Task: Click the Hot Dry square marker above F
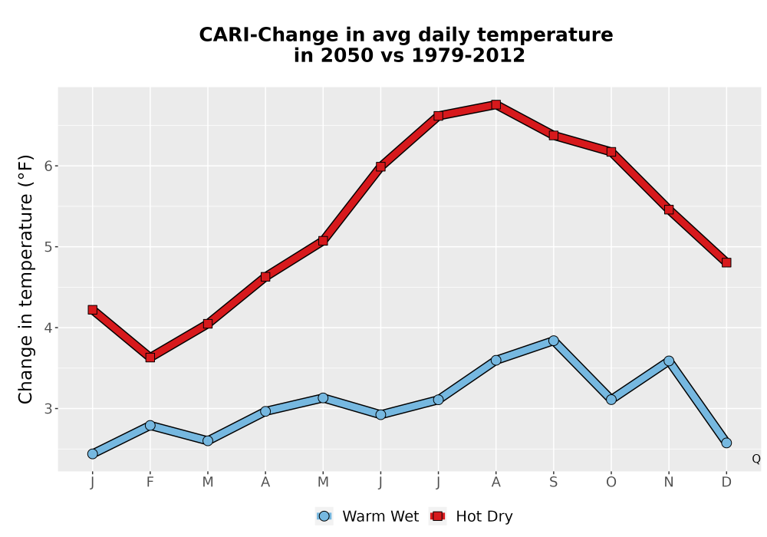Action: [150, 357]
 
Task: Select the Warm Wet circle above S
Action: [553, 341]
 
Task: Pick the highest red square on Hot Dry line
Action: [495, 104]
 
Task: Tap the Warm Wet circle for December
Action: [726, 443]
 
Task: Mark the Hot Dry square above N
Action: [669, 209]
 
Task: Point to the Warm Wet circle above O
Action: [611, 400]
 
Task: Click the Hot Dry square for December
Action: [726, 262]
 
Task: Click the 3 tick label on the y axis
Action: [48, 408]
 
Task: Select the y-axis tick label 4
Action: [48, 328]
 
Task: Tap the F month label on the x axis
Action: [150, 483]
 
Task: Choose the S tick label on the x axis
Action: [553, 483]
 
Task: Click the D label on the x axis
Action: [726, 483]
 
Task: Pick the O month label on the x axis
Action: [611, 483]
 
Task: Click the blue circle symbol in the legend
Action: [324, 516]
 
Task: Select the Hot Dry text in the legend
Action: [484, 516]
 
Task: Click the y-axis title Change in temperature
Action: [25, 278]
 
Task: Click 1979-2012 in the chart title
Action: [468, 55]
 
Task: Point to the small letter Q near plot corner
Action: [756, 459]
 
